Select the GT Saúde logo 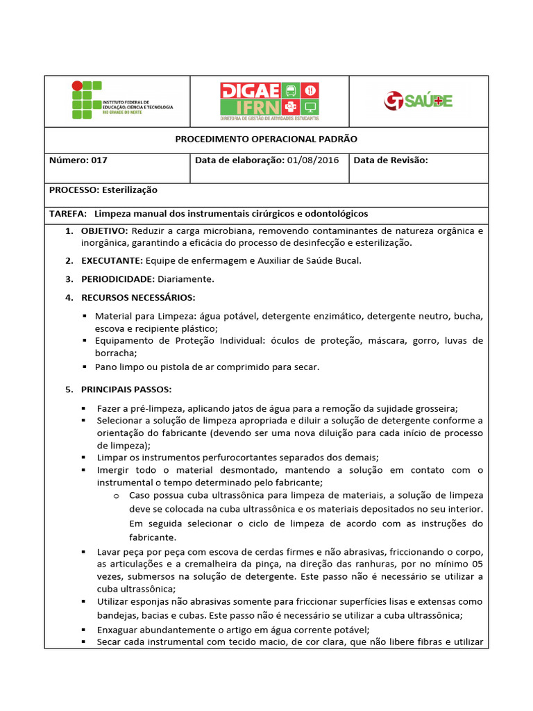coord(418,101)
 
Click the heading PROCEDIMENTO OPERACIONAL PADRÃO coord(266,139)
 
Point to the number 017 coord(99,160)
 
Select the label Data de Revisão coord(390,160)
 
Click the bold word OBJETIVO coord(104,230)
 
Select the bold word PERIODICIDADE coord(117,279)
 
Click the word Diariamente coord(186,279)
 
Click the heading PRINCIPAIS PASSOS coord(126,390)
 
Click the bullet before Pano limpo coord(84,367)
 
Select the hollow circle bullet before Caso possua coord(117,496)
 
